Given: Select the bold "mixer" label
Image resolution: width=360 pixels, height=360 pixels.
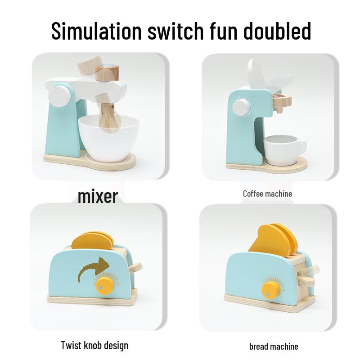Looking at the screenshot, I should click(x=98, y=196).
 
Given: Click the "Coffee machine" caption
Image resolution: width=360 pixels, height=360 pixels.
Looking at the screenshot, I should click(x=267, y=193).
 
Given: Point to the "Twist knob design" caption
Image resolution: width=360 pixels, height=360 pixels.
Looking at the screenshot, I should click(x=94, y=346).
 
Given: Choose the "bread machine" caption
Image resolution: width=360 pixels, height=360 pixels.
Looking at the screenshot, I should click(x=274, y=346).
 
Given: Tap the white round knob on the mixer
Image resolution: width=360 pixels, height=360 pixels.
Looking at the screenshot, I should click(x=59, y=95).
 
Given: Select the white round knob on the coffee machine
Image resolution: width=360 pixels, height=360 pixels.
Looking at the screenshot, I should click(x=242, y=107).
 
